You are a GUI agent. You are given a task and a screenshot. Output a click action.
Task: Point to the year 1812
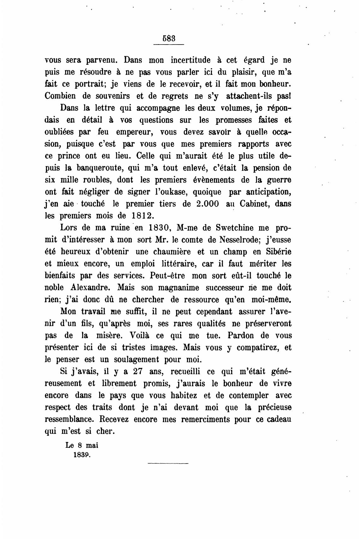[141, 216]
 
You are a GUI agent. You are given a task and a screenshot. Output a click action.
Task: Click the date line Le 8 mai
[82, 445]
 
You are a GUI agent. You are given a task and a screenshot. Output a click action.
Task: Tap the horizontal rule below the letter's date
[168, 464]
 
